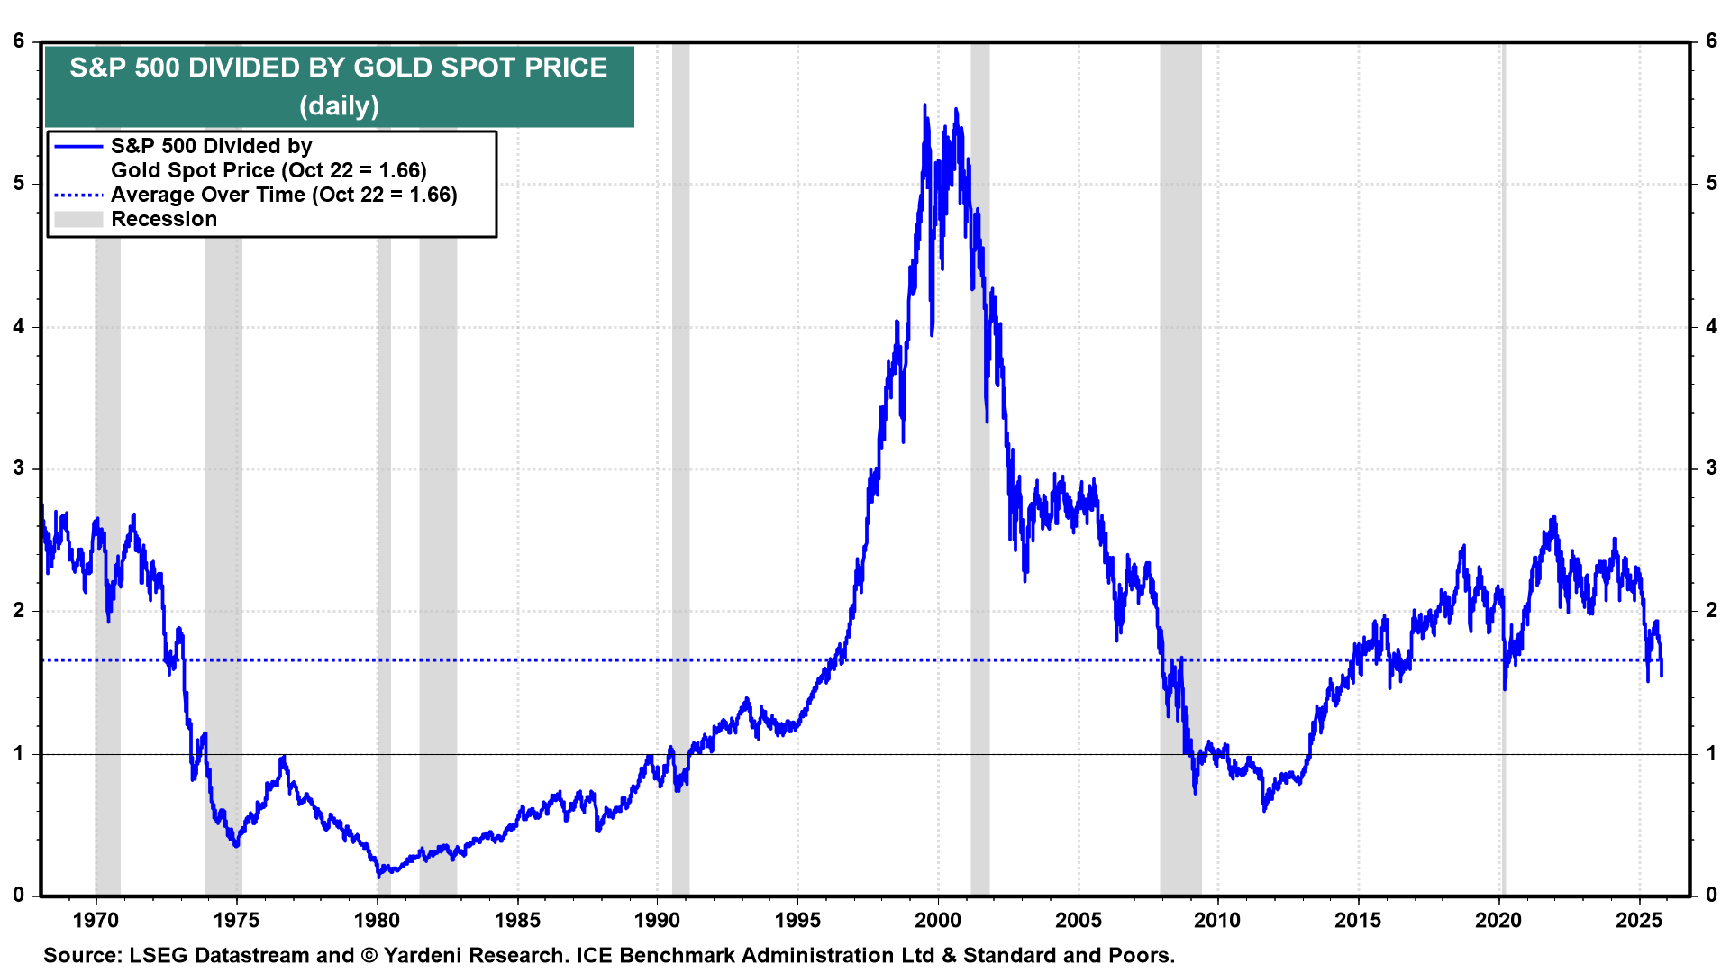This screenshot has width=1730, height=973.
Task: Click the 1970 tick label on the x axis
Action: (x=96, y=920)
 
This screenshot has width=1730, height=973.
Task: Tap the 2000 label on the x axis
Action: (x=938, y=920)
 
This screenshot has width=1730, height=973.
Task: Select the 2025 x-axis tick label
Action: (x=1639, y=920)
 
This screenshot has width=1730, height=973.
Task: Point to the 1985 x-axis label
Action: (x=517, y=920)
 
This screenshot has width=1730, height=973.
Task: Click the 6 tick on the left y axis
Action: (x=19, y=41)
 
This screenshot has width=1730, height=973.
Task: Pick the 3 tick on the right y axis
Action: (x=1711, y=468)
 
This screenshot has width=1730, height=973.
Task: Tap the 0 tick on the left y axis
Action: (x=19, y=896)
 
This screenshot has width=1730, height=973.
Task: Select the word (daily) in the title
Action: (x=339, y=106)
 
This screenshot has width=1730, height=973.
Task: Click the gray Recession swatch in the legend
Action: (x=78, y=219)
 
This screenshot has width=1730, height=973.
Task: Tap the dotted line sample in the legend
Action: (x=78, y=195)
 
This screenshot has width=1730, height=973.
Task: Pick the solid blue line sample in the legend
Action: (x=78, y=146)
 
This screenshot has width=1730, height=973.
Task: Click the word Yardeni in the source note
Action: (x=425, y=955)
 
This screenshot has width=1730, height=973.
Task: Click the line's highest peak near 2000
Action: (x=924, y=106)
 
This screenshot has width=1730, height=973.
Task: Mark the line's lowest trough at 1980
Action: (x=378, y=875)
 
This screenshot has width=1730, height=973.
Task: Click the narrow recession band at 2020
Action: (x=1503, y=360)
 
